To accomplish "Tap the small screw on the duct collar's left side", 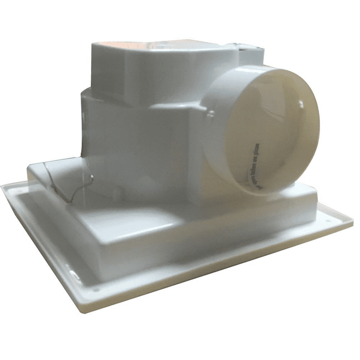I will pyautogui.click(x=211, y=114).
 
